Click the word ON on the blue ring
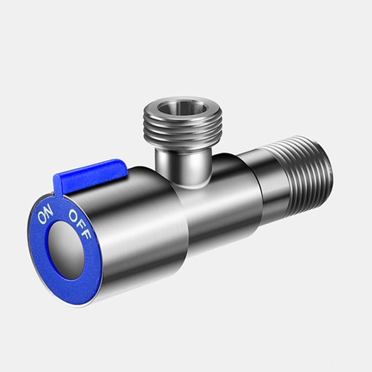[x=45, y=215]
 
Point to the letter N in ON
[x=48, y=211]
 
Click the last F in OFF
[x=90, y=234]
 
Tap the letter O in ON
[x=43, y=220]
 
